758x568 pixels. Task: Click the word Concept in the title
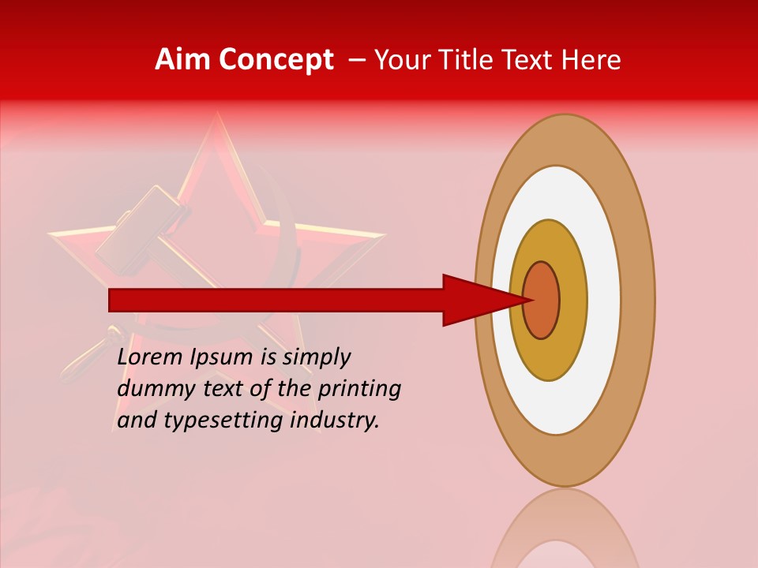pyautogui.click(x=276, y=60)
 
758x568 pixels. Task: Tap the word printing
pyautogui.click(x=359, y=389)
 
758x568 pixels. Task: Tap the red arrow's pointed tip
pyautogui.click(x=531, y=300)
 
